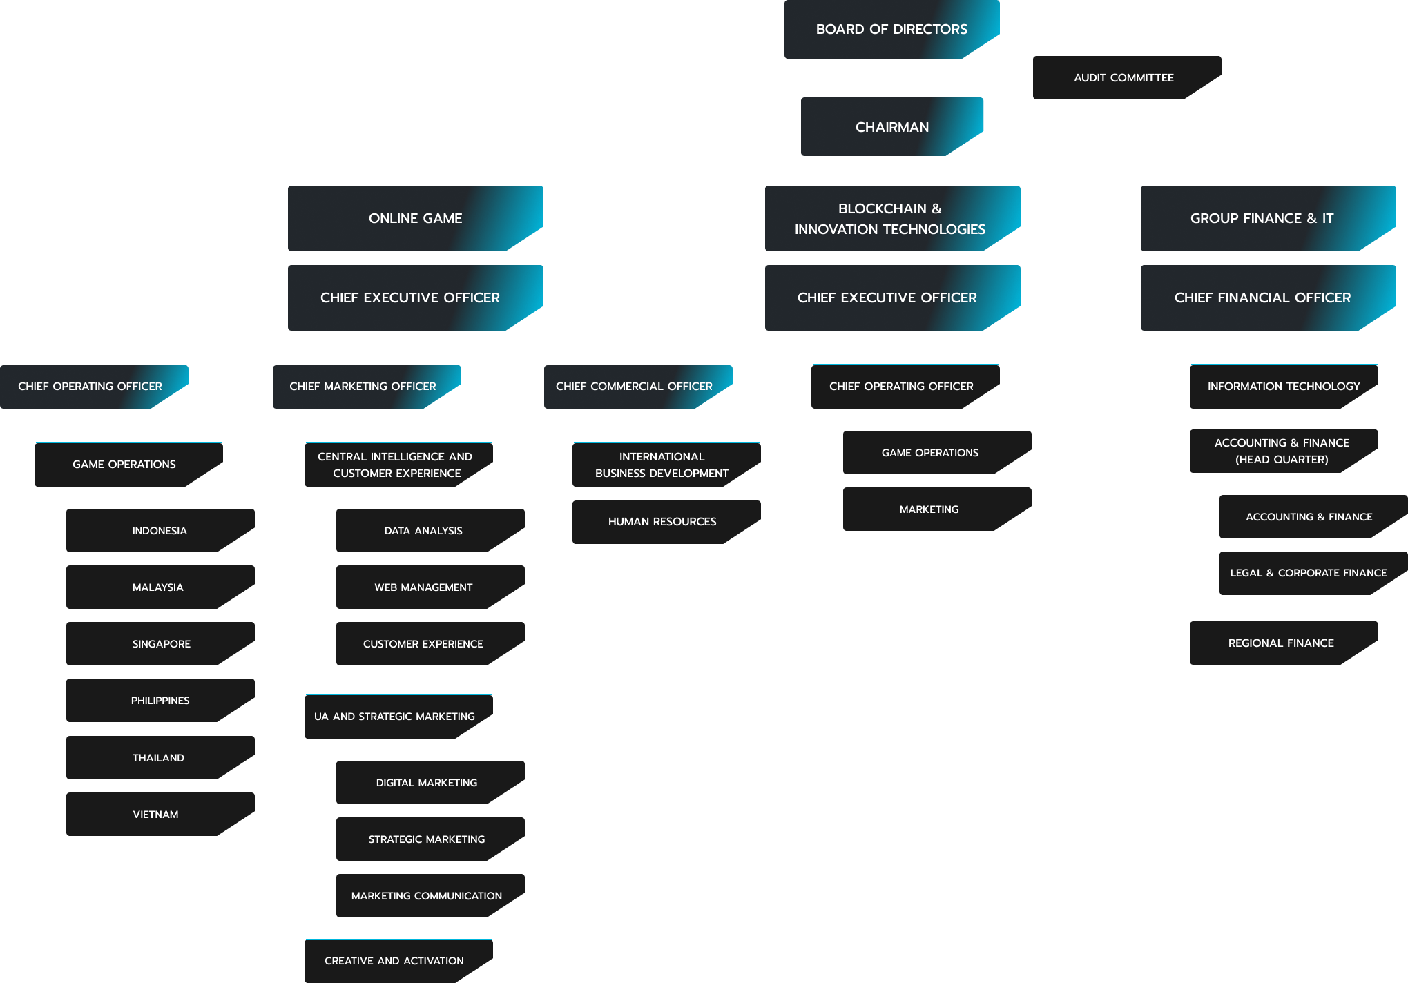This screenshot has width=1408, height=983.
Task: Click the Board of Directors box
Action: pos(891,29)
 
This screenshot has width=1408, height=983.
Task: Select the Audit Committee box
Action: pos(1124,77)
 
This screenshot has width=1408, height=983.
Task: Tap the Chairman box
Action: pos(891,127)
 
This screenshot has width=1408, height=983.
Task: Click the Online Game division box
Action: pos(415,218)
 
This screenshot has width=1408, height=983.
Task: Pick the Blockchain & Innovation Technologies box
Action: pos(891,218)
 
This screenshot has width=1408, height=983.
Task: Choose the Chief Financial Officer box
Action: pos(1262,298)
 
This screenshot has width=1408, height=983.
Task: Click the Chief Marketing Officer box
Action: pos(363,387)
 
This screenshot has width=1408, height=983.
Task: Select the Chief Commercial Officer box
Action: pos(635,387)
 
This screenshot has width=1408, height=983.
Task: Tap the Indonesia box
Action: pos(160,530)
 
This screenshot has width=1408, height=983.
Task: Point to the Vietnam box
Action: pos(156,814)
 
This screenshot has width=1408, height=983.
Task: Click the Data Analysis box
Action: pos(424,530)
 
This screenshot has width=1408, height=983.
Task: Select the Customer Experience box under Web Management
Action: pos(424,643)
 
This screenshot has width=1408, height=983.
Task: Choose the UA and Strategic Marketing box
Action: pos(395,717)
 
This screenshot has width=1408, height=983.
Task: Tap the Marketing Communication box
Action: pos(427,895)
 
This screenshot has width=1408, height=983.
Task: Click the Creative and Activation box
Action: pos(395,960)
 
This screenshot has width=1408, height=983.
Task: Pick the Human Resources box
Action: pos(663,521)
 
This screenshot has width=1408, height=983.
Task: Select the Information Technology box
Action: pos(1283,387)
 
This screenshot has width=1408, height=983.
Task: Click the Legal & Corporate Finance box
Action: pos(1309,573)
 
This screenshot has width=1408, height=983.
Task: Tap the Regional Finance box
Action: pos(1281,643)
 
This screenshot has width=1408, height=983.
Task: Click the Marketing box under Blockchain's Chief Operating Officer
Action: pos(929,509)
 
